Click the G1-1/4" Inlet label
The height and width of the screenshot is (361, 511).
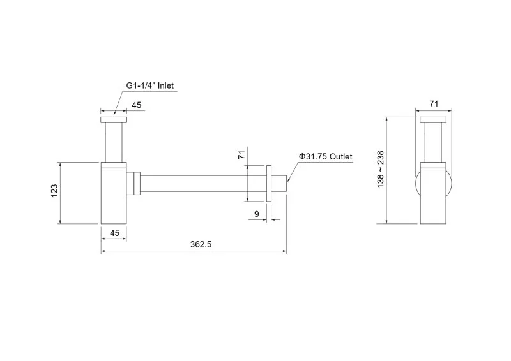point(150,85)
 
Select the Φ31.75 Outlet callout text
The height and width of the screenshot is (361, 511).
point(326,156)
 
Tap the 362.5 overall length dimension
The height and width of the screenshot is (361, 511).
point(201,244)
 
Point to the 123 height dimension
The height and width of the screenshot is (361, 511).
point(54,191)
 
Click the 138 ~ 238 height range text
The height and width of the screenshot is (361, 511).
point(380,169)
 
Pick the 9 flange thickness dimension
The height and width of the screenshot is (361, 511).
point(257,214)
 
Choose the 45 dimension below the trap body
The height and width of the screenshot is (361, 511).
point(115,233)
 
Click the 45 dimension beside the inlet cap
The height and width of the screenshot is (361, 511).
point(137,105)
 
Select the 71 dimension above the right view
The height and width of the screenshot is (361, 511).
point(434,104)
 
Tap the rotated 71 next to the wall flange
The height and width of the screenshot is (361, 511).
point(241,155)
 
